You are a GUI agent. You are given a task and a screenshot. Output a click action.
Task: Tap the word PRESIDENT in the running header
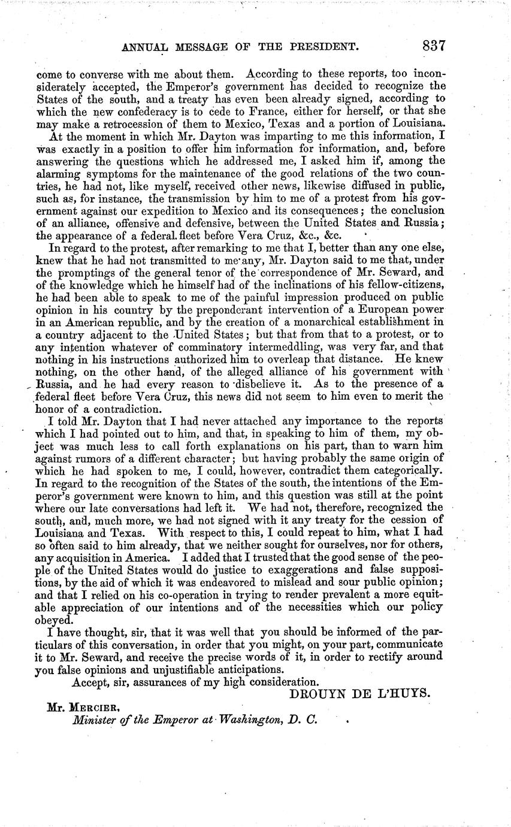click(x=310, y=47)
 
